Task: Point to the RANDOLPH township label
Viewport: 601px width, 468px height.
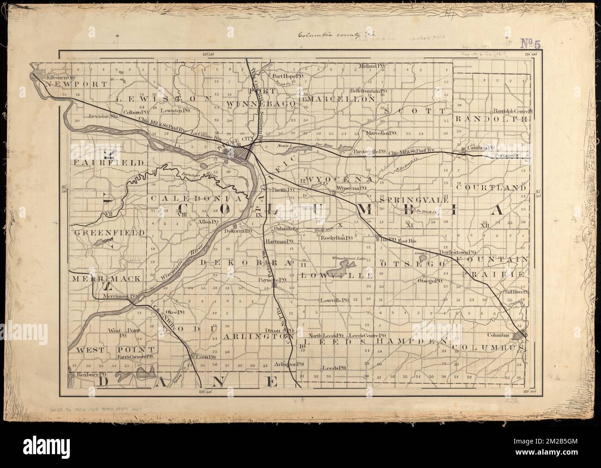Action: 491,119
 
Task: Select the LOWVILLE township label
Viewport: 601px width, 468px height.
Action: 337,275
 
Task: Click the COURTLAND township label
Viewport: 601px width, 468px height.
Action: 491,188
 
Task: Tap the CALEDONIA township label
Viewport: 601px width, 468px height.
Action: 196,198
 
